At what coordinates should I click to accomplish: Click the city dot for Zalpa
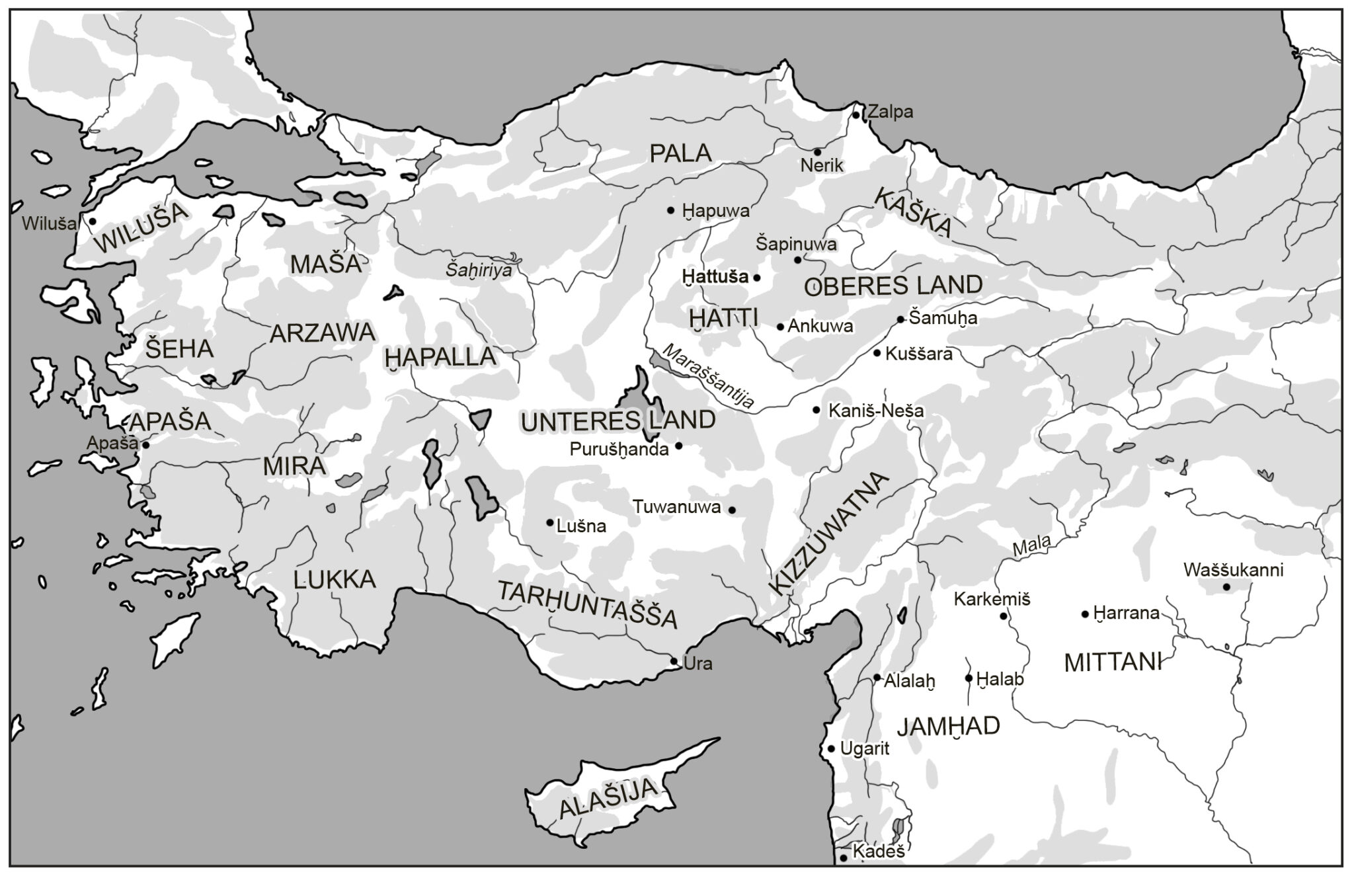856,115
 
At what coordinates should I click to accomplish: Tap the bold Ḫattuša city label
716,277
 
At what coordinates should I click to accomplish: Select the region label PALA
680,153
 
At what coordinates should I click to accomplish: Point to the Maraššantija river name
708,377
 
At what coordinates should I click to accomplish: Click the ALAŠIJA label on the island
609,798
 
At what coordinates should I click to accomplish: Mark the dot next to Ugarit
832,749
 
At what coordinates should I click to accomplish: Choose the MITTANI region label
1113,662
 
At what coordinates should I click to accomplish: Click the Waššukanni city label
1233,570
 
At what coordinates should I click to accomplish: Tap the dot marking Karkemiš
1003,616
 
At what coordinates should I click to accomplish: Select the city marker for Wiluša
93,221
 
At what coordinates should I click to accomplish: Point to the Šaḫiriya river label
478,270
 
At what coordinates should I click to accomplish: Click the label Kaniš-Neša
876,411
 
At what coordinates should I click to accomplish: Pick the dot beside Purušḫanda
678,446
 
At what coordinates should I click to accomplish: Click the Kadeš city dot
844,858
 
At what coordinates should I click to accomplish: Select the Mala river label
1031,545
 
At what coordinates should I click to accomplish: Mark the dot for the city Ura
674,661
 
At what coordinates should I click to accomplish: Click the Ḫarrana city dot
1085,614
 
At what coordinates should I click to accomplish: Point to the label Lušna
581,526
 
